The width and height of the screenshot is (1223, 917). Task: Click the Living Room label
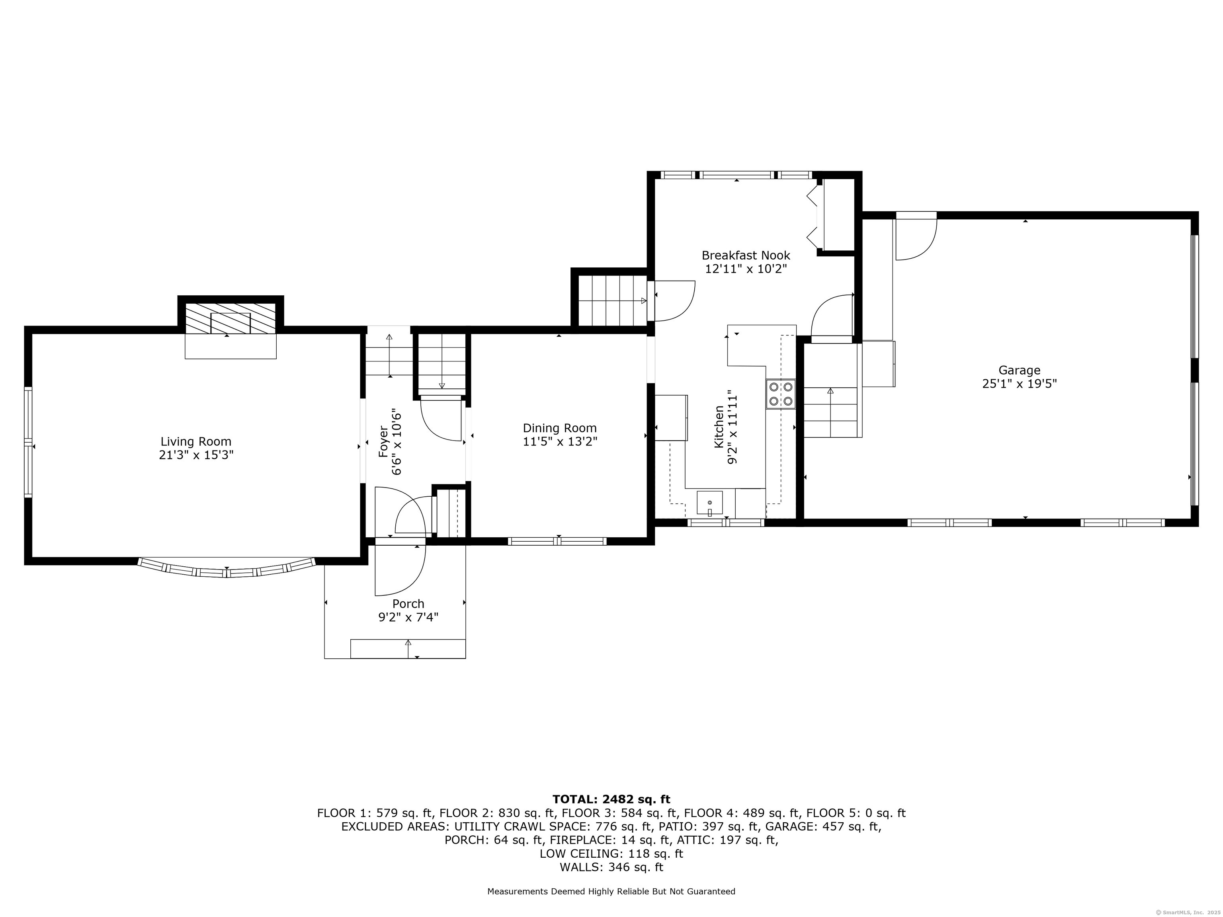(x=196, y=442)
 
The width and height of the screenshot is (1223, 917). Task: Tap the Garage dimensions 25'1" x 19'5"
(x=1019, y=384)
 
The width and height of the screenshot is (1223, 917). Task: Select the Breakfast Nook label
(x=745, y=256)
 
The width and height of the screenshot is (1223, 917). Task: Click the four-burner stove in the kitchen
(x=781, y=394)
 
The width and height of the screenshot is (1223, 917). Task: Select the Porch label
(x=408, y=604)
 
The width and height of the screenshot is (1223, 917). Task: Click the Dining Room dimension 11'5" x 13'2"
(x=559, y=442)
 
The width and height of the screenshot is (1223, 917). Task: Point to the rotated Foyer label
(x=383, y=441)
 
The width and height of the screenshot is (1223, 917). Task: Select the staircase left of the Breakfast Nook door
(x=612, y=301)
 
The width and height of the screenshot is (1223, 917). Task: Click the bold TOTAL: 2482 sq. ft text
(x=611, y=799)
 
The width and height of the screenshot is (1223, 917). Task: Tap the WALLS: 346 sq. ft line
(x=611, y=867)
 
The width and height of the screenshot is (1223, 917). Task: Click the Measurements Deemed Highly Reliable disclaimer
(x=611, y=891)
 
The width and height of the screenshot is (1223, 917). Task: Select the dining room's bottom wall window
(x=557, y=541)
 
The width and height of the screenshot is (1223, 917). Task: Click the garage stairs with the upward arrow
(x=830, y=412)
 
